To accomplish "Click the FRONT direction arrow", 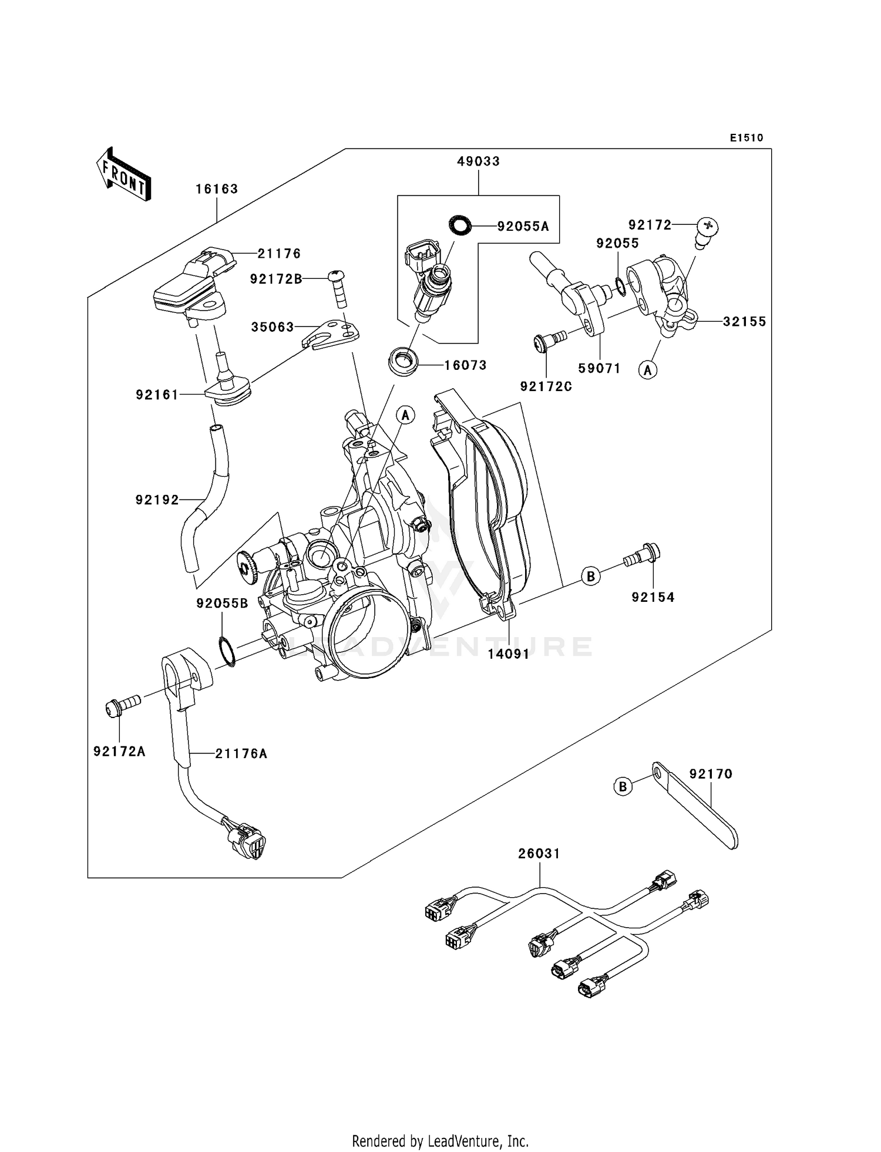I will click(124, 174).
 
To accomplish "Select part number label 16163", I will click(217, 189).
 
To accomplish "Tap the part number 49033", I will click(479, 161).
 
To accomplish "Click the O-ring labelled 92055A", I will click(459, 224).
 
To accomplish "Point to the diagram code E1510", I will click(747, 138).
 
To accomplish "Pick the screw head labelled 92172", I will click(708, 226).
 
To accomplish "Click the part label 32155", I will click(744, 322).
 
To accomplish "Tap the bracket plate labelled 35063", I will click(332, 334).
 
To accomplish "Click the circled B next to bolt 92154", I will click(591, 576).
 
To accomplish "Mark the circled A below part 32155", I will click(648, 370).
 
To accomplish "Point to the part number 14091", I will click(509, 654).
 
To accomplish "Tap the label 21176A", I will click(241, 753).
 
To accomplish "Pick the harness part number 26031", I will click(539, 854).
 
